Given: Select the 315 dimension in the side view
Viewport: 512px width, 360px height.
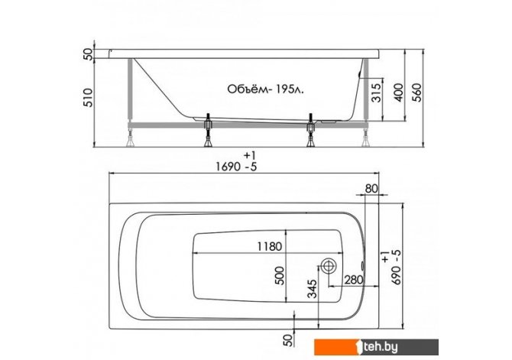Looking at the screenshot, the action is tap(377, 92).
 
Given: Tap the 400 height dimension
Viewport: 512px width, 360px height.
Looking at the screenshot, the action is tap(399, 92).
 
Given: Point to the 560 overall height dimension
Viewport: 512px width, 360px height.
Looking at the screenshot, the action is tap(417, 92).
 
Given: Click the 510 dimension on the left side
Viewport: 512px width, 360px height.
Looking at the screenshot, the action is tap(88, 97).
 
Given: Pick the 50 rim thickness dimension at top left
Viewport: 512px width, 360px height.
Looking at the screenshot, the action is tap(88, 54).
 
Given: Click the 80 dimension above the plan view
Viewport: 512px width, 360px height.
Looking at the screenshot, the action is tap(371, 189).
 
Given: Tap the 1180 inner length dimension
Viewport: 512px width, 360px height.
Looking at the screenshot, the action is tap(270, 246).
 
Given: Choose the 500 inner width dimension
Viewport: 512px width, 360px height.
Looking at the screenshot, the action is tap(280, 276).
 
